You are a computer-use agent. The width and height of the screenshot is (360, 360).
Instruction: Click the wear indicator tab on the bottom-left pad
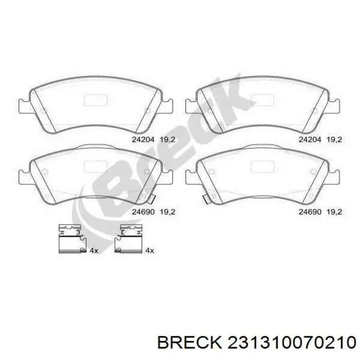149,197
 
